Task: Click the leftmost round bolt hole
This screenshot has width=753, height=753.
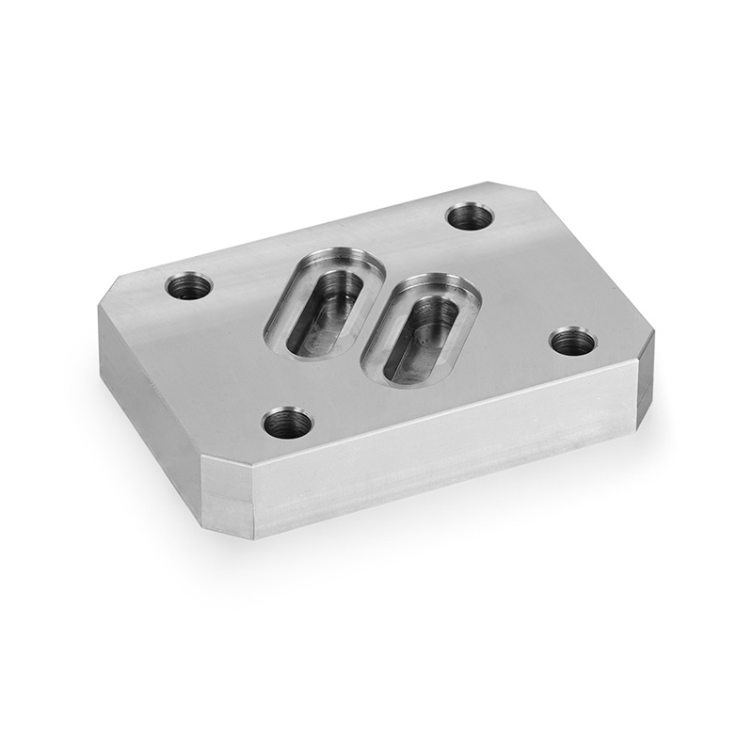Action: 189,283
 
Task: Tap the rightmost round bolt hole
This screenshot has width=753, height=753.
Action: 571,341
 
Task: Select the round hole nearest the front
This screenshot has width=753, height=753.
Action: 287,424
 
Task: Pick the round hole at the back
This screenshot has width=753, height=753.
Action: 470,216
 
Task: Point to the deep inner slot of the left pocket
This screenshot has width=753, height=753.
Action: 325,311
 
